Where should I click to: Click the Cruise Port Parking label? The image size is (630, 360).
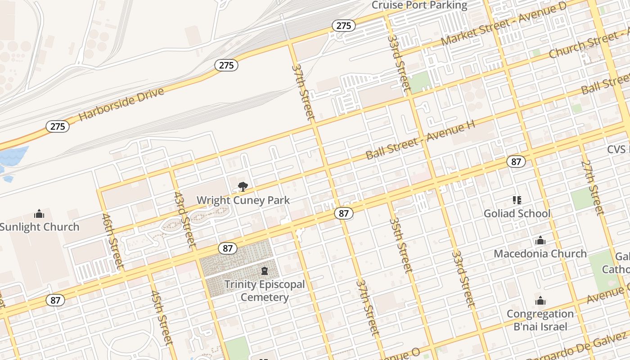tap(419, 5)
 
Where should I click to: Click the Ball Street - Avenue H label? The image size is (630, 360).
tap(420, 140)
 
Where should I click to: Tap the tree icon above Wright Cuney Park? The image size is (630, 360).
tap(243, 186)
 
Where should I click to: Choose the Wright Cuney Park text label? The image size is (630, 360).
tap(243, 200)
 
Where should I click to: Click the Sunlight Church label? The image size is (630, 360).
tap(40, 227)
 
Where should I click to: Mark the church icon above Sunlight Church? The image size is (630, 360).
tap(39, 213)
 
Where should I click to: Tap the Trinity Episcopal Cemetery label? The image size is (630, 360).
tap(265, 291)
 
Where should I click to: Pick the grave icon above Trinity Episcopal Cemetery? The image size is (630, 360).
tap(265, 271)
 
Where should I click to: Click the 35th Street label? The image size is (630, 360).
tap(400, 245)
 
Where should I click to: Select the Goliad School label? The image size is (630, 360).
tap(517, 213)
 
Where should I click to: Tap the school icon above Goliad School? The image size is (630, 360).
tap(517, 200)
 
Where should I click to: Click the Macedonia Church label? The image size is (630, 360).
tap(540, 254)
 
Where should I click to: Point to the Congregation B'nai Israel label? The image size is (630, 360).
tap(540, 320)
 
